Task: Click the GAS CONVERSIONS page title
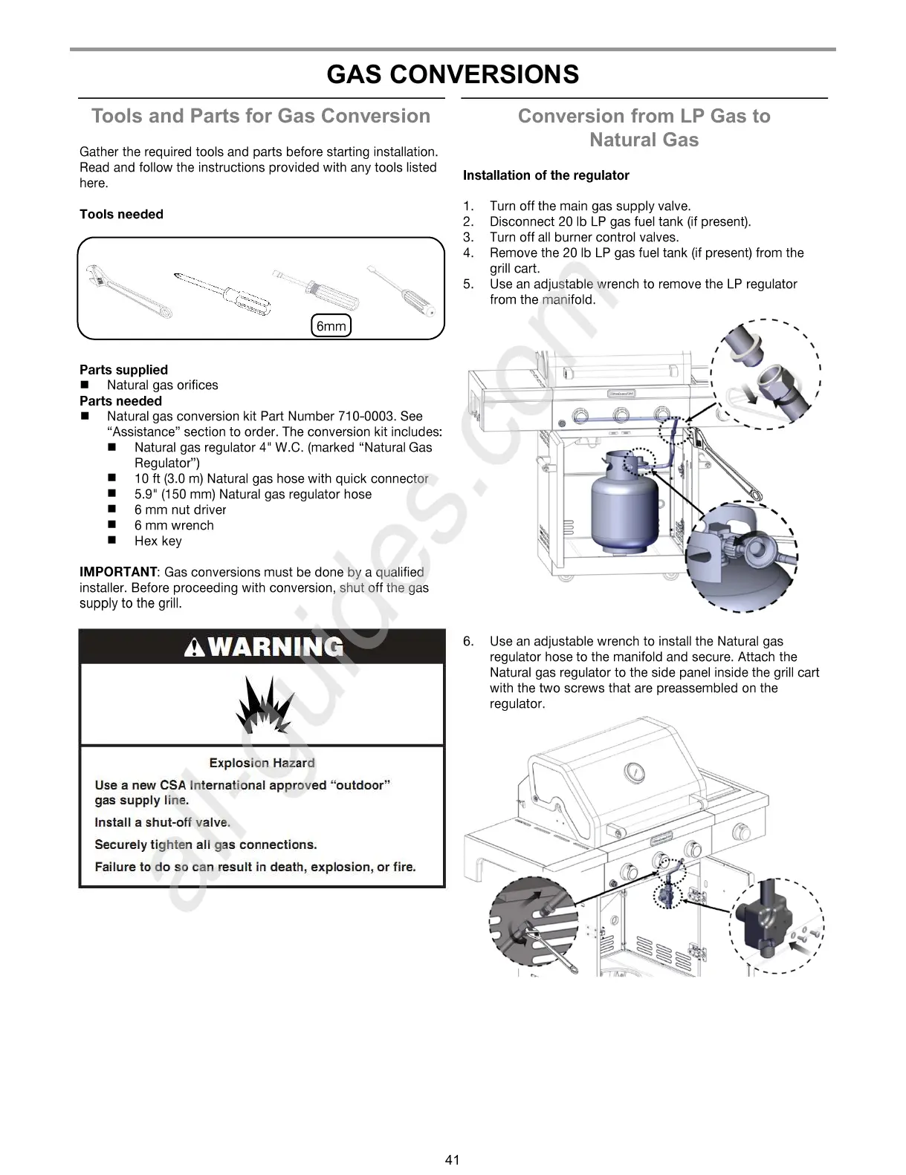point(452,74)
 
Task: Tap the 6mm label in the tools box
point(331,326)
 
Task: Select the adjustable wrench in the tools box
point(128,291)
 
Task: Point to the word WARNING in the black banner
point(275,647)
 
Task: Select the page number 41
point(453,1159)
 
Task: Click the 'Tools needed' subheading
point(121,215)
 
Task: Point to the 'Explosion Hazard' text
point(262,763)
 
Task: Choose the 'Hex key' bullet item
point(158,541)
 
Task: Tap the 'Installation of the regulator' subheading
point(546,175)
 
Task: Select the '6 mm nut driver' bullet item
point(180,510)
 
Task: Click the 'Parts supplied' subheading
point(123,370)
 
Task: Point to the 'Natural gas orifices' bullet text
point(162,385)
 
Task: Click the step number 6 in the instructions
point(468,641)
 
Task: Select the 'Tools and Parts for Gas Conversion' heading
point(261,116)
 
